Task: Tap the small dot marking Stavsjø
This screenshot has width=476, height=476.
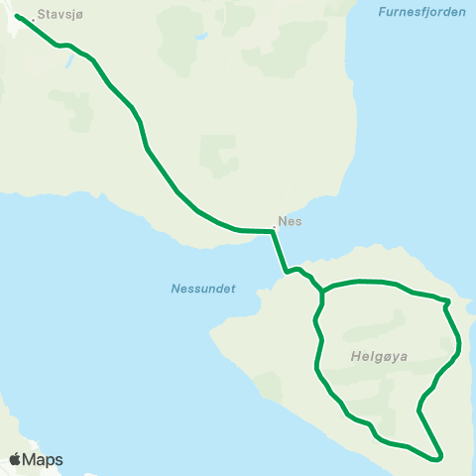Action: pyautogui.click(x=33, y=17)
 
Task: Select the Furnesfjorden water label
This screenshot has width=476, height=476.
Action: pyautogui.click(x=421, y=12)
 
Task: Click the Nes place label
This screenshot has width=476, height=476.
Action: pyautogui.click(x=291, y=223)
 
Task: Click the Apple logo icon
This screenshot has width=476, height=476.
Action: pyautogui.click(x=15, y=459)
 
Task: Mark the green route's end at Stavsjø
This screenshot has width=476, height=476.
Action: pyautogui.click(x=18, y=16)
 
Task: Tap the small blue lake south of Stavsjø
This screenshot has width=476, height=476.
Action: pyautogui.click(x=67, y=62)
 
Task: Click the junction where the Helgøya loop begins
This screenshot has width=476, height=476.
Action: pyautogui.click(x=323, y=291)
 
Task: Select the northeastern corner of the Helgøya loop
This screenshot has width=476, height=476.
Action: pyautogui.click(x=448, y=300)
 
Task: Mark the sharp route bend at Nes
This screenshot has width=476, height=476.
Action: pyautogui.click(x=272, y=231)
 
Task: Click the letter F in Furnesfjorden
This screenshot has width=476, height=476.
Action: pyautogui.click(x=382, y=12)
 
